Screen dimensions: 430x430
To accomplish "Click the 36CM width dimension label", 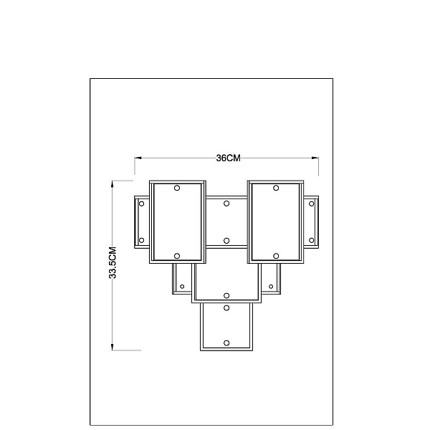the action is (x=228, y=158).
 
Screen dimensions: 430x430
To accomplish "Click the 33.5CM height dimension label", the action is (x=113, y=263).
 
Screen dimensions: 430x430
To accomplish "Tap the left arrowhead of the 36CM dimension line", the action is (x=138, y=158).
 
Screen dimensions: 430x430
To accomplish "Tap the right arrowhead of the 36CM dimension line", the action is (x=315, y=158).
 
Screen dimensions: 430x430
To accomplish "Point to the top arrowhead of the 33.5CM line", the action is (x=113, y=184).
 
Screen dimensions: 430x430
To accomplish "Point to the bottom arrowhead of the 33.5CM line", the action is (x=113, y=347).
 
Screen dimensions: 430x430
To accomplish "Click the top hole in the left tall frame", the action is (x=177, y=188).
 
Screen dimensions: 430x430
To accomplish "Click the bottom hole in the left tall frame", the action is (x=177, y=256).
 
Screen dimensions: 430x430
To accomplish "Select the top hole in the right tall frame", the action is (x=276, y=188).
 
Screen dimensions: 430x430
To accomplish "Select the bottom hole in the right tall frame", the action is (x=276, y=256).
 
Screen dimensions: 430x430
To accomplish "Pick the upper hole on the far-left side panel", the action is (x=141, y=204).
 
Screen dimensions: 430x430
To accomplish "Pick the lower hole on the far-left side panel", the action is (x=141, y=241).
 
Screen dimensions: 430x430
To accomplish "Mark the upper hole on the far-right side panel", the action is (x=311, y=204).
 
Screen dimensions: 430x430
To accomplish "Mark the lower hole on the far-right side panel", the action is (x=311, y=241).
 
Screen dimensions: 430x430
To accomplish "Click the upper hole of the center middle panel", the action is (x=226, y=204).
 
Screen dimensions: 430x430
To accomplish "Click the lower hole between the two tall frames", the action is (x=226, y=241).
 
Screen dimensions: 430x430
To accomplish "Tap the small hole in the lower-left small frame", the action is (x=182, y=287).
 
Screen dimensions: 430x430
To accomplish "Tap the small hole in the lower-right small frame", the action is (x=271, y=287).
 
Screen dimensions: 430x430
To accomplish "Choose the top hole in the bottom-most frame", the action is (x=226, y=308).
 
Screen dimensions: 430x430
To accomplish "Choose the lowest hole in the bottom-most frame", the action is (x=226, y=343).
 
